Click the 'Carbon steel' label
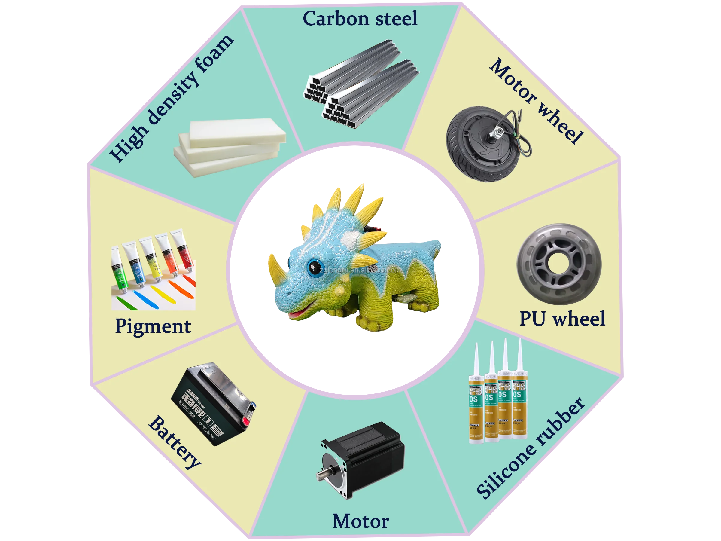coord(360,19)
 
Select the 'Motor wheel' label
coord(536,101)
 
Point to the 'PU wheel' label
coord(562,319)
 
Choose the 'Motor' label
coord(360,521)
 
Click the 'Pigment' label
coord(153,326)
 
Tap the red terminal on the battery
coord(245,422)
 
